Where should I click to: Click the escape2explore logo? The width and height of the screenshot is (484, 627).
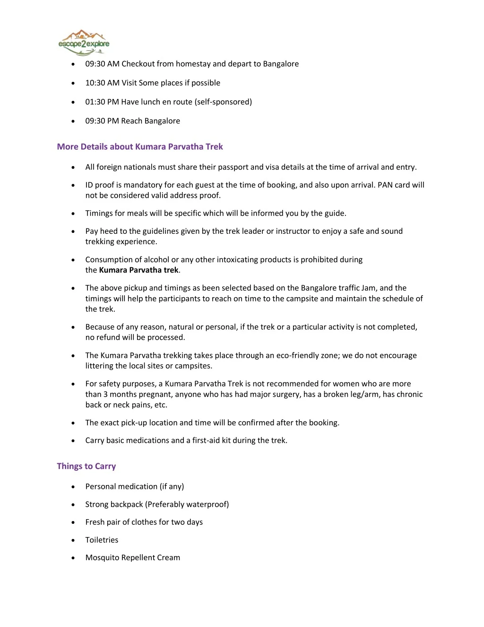click(84, 42)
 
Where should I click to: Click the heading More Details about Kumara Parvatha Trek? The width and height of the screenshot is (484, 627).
click(139, 147)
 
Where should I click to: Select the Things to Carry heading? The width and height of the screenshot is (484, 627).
click(86, 466)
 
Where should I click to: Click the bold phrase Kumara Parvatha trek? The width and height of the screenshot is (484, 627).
click(138, 270)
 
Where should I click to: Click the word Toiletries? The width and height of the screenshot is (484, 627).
click(102, 540)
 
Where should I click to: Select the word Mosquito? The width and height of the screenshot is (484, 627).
click(102, 557)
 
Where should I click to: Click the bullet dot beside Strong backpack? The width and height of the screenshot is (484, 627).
click(73, 505)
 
